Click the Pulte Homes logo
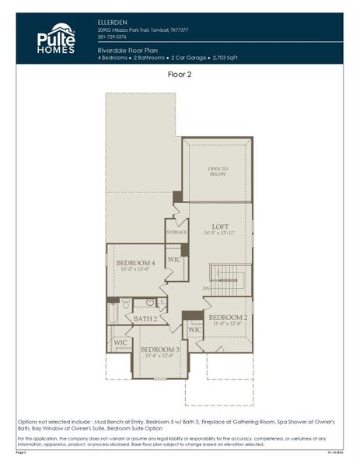(56, 38)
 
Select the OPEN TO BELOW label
(218, 171)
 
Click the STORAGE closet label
(177, 231)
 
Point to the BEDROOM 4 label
(136, 263)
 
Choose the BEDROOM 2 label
(228, 317)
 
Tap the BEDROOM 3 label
(160, 349)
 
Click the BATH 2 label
(145, 318)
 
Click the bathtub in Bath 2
(113, 313)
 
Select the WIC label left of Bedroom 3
(121, 342)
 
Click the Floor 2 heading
(180, 75)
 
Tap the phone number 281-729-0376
(114, 37)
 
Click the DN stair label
(206, 289)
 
